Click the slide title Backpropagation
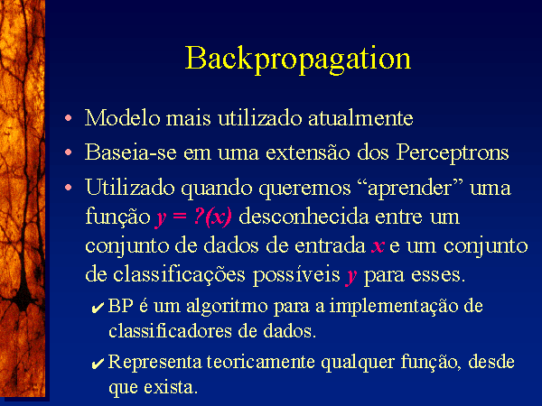coord(298,60)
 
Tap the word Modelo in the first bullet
coord(123,117)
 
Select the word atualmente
coord(360,118)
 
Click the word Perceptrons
coord(453,153)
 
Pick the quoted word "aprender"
coord(410,189)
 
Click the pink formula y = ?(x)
coord(193,217)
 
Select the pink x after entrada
coord(378,246)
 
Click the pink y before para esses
coord(351,276)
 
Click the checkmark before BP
coord(98,308)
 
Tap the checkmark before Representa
coord(98,364)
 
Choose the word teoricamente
coord(261,362)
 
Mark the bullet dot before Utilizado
coord(69,188)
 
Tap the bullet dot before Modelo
coord(69,118)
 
